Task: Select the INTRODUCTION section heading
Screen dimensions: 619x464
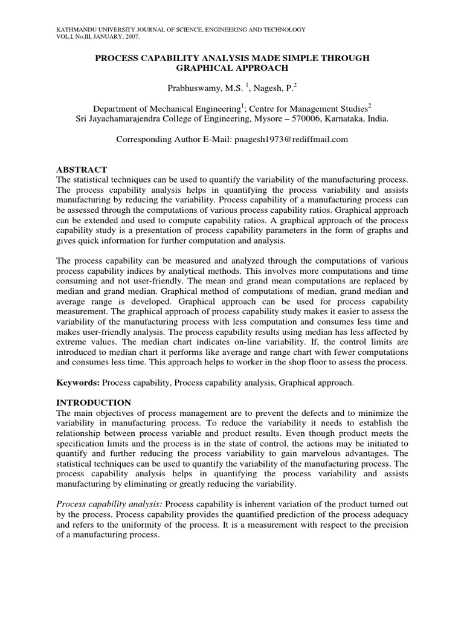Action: click(94, 402)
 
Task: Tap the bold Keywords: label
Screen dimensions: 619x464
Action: click(78, 383)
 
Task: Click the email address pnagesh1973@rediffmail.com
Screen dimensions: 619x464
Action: click(288, 139)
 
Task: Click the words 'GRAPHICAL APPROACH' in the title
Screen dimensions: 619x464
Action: click(232, 68)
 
